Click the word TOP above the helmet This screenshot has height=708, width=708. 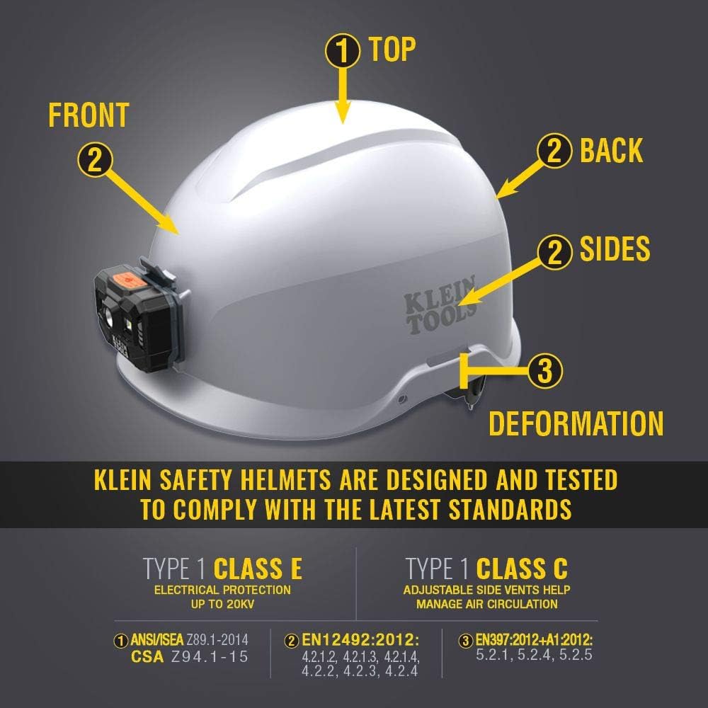[392, 50]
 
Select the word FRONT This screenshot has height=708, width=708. [88, 115]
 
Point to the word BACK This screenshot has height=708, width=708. [611, 151]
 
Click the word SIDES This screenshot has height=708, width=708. [615, 249]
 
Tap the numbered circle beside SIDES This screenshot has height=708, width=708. [555, 251]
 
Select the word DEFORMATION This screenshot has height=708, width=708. [576, 424]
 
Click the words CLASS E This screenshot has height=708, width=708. [258, 569]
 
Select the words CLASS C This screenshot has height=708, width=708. [522, 569]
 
